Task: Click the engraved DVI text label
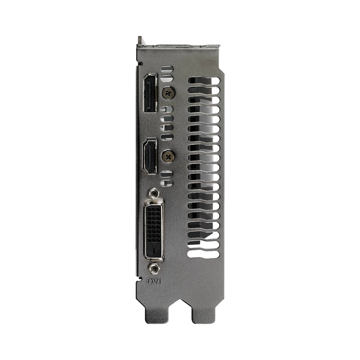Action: click(154, 281)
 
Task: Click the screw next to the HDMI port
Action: click(169, 157)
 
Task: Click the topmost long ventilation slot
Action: click(204, 80)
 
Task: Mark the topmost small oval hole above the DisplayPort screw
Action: click(167, 69)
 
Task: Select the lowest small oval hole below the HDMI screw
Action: click(167, 183)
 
